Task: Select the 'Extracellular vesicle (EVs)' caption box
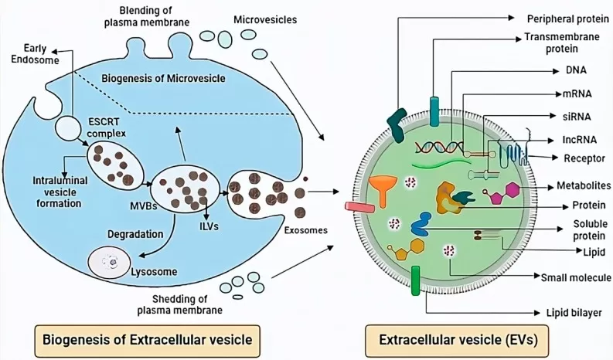(462, 338)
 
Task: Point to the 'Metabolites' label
(578, 186)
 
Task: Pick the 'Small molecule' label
(576, 277)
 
